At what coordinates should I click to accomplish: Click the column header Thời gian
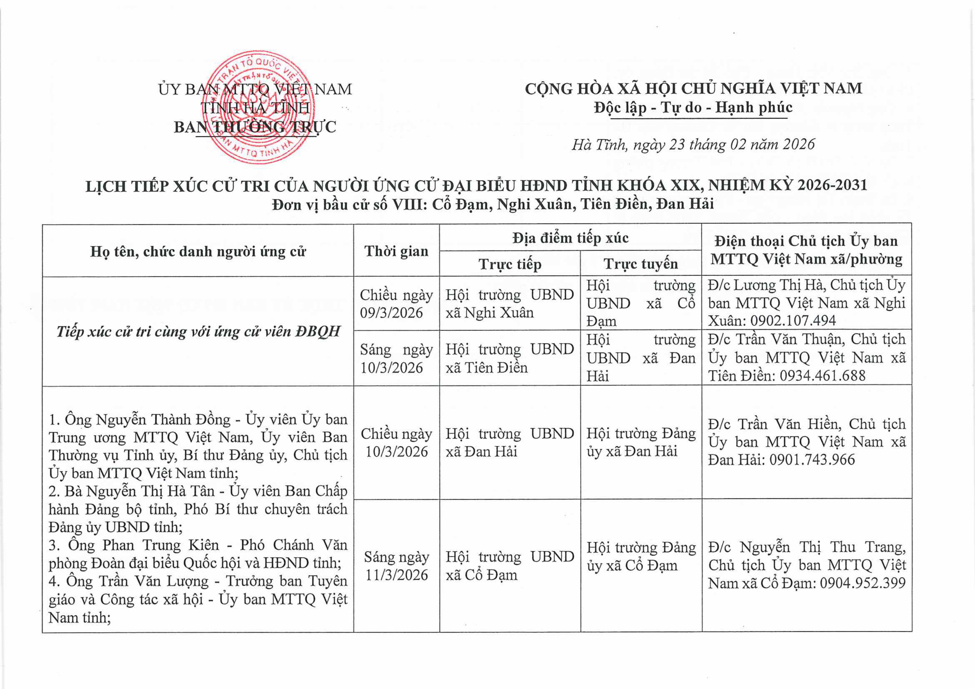(x=396, y=251)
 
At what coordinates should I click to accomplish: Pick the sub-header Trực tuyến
(x=640, y=264)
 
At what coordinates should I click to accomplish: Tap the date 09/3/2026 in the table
(x=391, y=313)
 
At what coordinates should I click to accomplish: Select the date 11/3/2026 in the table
(x=396, y=575)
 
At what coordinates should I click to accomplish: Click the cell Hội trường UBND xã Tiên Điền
(x=509, y=358)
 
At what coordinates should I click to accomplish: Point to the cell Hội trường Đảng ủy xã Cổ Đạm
(x=641, y=556)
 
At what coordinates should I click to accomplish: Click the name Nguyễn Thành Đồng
(x=163, y=420)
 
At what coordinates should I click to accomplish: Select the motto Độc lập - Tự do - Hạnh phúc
(x=693, y=107)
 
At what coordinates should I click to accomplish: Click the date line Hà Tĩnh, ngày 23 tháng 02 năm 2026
(x=693, y=145)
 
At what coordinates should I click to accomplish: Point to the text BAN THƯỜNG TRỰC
(x=255, y=127)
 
